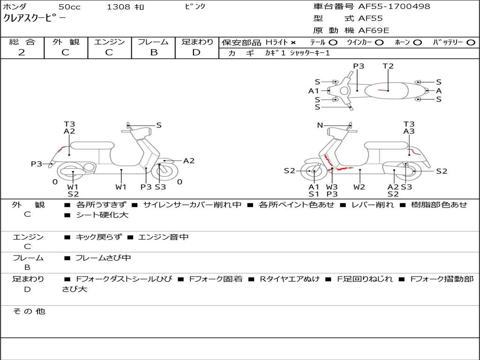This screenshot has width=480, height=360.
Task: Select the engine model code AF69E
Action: tap(374, 30)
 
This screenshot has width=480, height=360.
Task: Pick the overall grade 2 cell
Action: tap(22, 52)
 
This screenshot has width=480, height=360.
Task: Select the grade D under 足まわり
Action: tap(196, 52)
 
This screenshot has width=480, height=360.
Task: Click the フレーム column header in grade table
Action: tap(153, 42)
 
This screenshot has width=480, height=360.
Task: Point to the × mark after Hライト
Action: tap(293, 43)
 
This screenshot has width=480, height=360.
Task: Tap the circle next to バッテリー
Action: tap(470, 43)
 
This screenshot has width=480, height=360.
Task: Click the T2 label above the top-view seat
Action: tap(388, 66)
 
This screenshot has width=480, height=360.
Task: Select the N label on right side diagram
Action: tap(320, 125)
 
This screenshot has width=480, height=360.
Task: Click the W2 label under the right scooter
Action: tap(359, 187)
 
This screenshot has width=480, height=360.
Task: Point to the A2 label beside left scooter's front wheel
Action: tap(188, 161)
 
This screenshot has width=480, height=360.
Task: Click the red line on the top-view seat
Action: tap(383, 90)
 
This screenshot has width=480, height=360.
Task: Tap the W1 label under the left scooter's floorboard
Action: tap(121, 187)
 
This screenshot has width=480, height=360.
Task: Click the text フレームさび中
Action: tap(103, 258)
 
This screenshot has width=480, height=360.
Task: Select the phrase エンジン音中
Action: tap(163, 237)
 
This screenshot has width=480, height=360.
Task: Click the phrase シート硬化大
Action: tap(102, 215)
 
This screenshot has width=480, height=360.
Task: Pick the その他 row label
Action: tap(29, 311)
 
